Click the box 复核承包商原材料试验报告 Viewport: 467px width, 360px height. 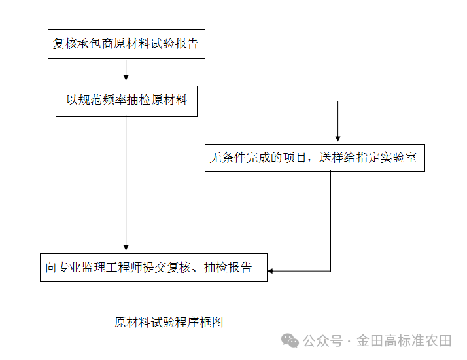126,45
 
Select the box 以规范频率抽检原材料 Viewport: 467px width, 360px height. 126,101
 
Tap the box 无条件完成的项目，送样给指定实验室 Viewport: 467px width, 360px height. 315,158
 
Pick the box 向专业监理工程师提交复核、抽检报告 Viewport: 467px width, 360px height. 154,267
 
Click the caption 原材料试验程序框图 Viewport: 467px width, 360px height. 169,322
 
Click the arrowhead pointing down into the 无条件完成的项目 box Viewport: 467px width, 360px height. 337,139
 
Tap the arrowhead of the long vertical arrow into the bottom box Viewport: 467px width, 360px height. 126,249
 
